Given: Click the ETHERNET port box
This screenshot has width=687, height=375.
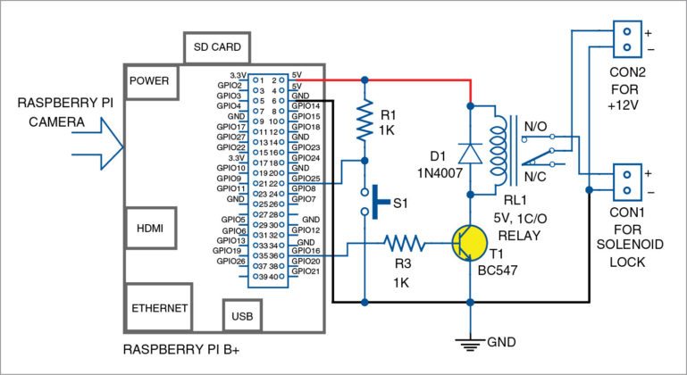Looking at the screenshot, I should [159, 308].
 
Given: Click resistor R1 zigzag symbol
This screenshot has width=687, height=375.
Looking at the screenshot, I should [364, 121].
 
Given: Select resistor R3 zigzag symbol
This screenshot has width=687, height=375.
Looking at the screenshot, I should [408, 242].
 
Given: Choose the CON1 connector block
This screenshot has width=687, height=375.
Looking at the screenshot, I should [629, 182].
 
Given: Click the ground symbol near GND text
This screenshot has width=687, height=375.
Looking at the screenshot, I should [470, 341].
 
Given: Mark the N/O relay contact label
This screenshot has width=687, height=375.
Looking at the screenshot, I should [540, 127].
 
